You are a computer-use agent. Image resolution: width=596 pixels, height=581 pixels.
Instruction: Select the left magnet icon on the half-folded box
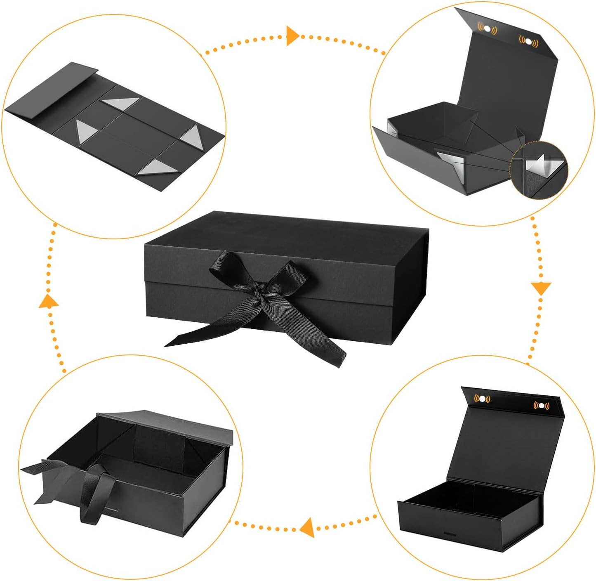tap(488, 29)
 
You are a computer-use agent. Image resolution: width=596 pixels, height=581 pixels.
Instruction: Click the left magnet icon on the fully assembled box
tap(482, 399)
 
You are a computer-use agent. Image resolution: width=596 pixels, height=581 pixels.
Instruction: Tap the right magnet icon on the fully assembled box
tap(541, 406)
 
